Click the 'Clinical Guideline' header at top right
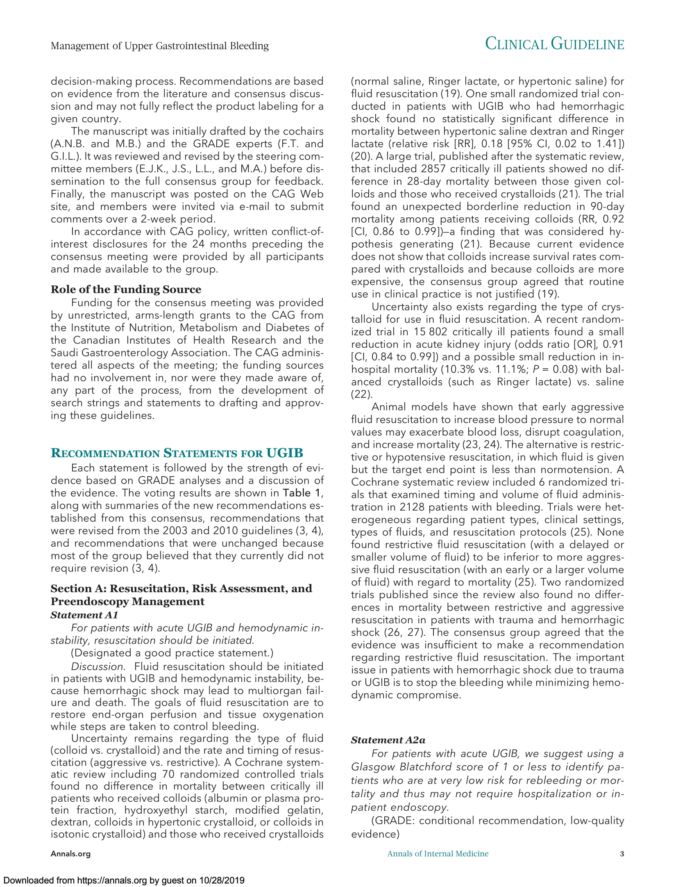[x=554, y=44]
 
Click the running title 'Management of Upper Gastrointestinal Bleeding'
[x=160, y=46]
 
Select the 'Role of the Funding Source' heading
[x=126, y=290]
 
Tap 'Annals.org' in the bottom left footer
[x=70, y=854]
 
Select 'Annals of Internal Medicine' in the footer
[x=438, y=854]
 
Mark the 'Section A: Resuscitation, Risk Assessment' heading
[x=181, y=589]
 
